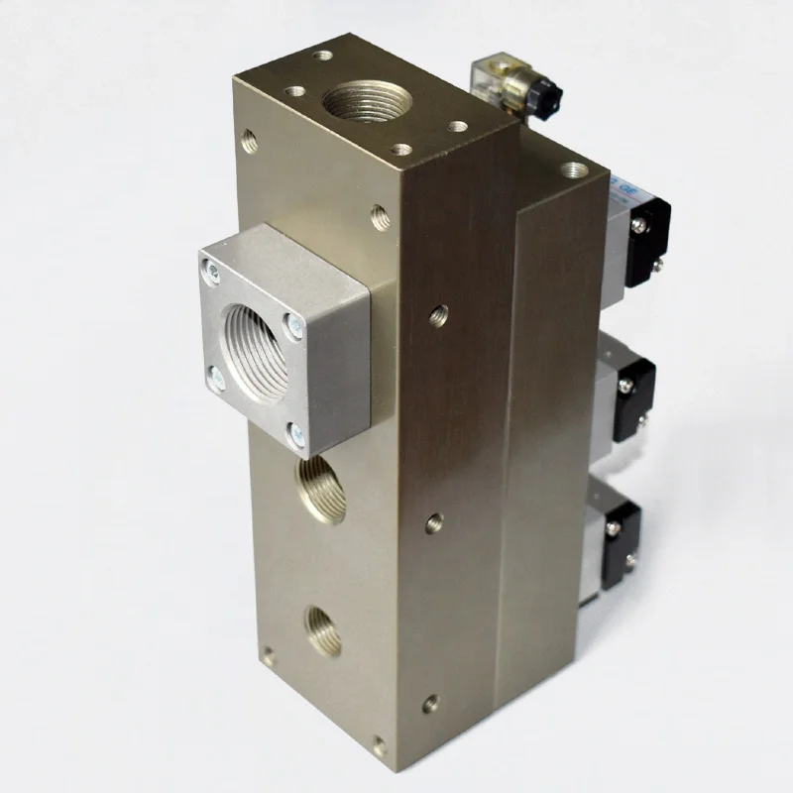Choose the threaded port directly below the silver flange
pyautogui.click(x=318, y=486)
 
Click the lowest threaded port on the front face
pyautogui.click(x=323, y=628)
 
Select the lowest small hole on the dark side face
pyautogui.click(x=429, y=705)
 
